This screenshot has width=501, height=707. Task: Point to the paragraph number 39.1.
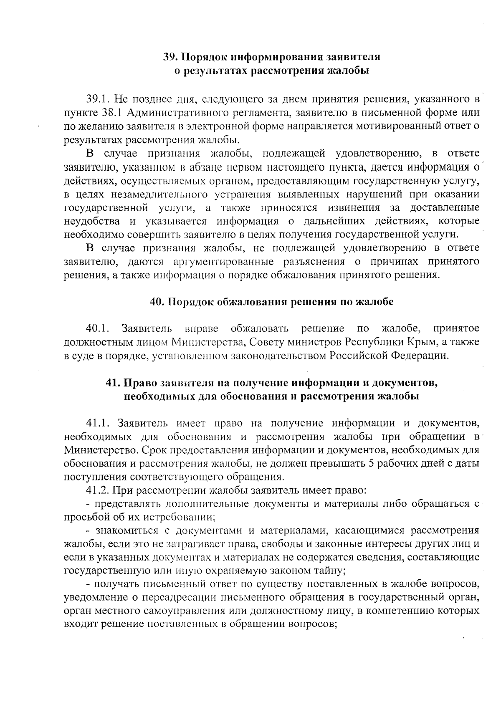pos(98,99)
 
